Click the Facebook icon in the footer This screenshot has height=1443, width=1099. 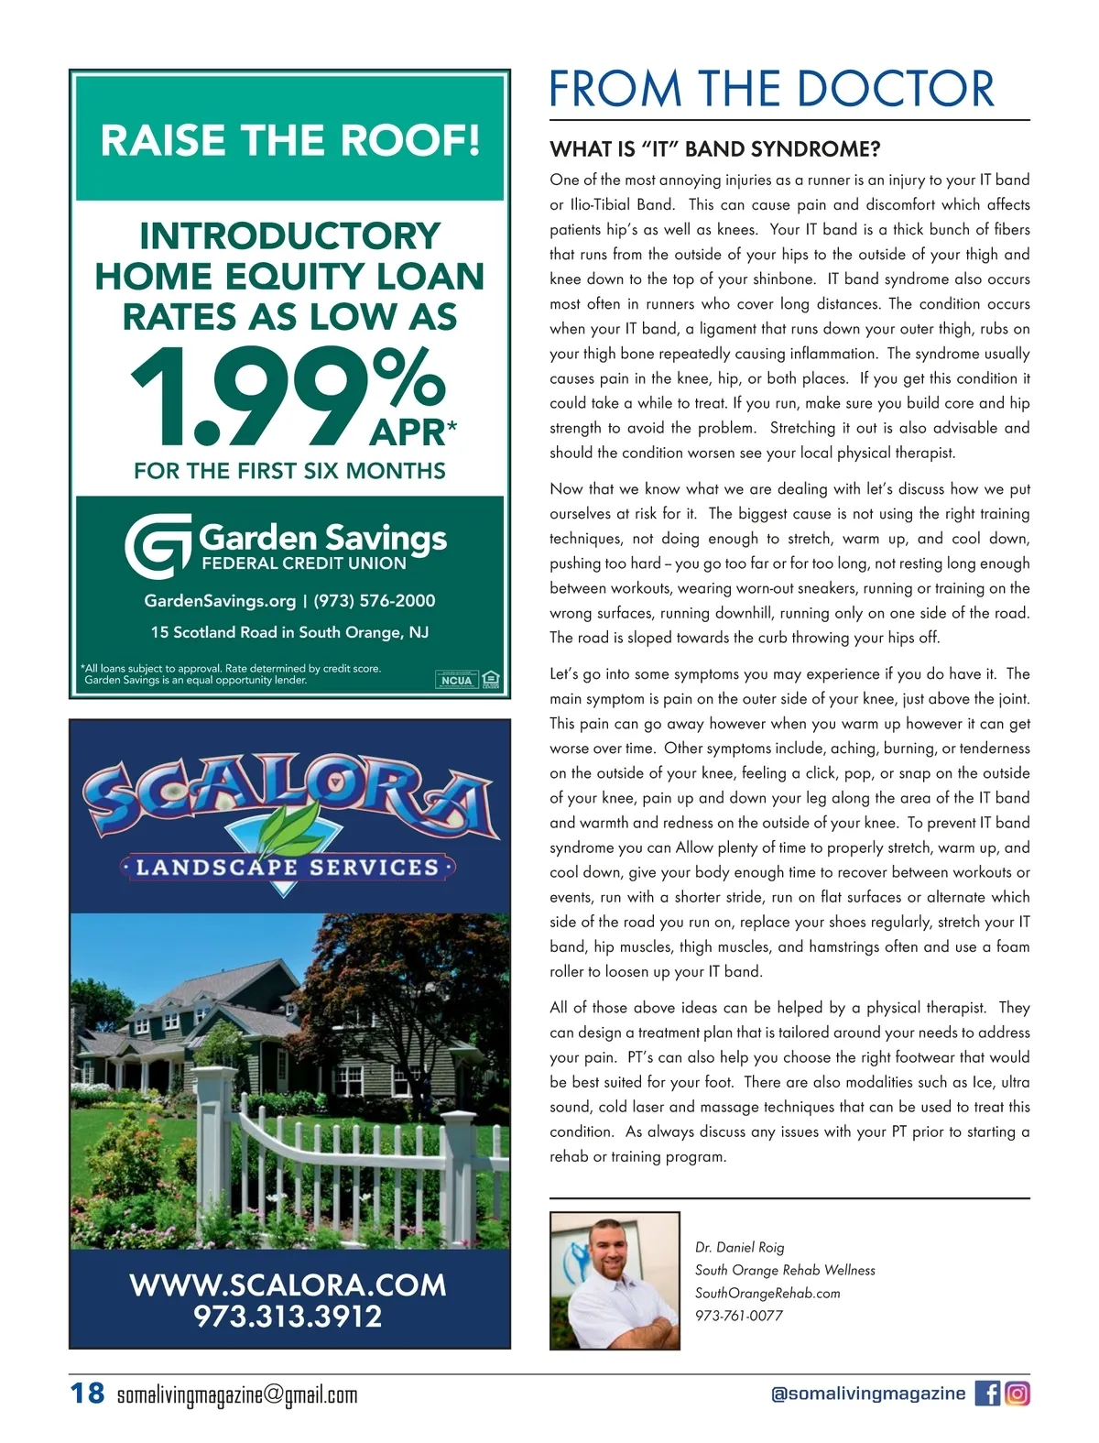987,1394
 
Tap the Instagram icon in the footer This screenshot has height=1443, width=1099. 1017,1394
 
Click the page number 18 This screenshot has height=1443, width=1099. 88,1394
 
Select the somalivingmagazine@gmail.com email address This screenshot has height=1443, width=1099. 237,1395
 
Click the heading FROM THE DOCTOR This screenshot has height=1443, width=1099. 771,89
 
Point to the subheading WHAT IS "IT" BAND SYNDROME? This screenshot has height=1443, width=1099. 714,148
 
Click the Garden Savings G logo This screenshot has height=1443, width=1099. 158,546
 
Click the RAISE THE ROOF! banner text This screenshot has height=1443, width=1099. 289,140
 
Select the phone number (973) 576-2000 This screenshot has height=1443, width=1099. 375,601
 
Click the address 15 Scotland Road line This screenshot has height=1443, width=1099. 289,632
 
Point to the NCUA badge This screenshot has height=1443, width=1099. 456,680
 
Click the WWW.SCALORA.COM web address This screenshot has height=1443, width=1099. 288,1284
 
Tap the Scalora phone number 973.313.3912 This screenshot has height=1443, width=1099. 288,1317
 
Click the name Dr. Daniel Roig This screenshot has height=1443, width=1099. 739,1247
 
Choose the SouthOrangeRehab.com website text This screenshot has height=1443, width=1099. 767,1293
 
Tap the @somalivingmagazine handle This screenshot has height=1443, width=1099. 868,1394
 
